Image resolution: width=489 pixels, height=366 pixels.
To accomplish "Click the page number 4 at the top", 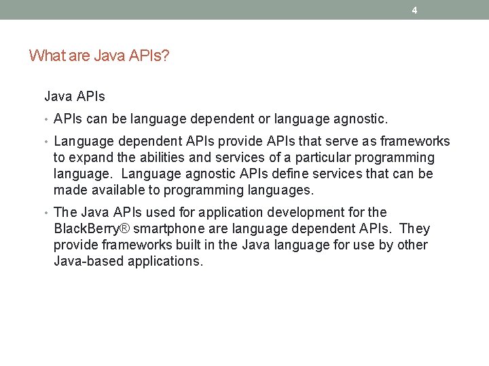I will pos(414,10).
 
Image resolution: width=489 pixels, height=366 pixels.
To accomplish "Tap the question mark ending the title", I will pos(166,56).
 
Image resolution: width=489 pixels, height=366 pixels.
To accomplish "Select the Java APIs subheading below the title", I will pos(75,97).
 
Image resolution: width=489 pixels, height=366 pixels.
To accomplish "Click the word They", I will pos(416,228).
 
